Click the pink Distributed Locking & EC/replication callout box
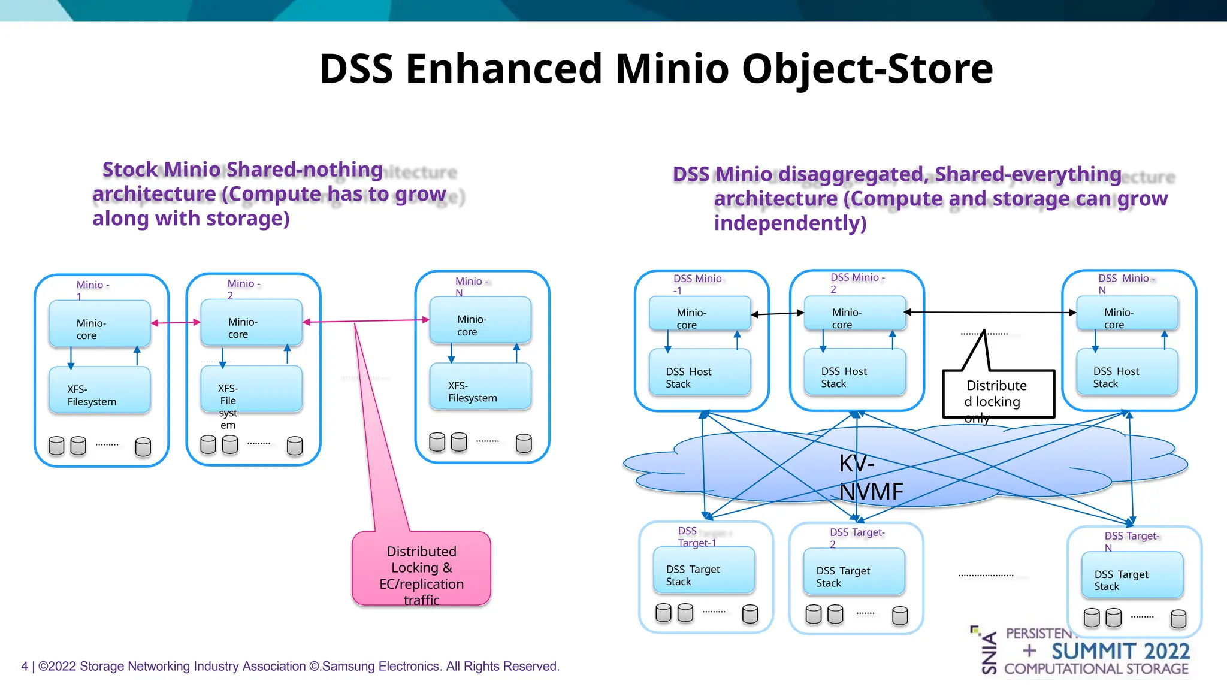point(421,568)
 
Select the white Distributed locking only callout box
point(998,394)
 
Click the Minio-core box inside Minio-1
point(99,323)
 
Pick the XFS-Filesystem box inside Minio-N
point(480,386)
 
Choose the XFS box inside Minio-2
point(251,389)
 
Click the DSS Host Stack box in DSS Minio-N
point(1127,373)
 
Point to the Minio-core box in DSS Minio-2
point(854,313)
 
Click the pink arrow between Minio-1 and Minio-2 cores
point(176,323)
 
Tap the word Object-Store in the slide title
point(867,68)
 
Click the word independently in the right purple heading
point(790,223)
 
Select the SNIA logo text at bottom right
point(989,652)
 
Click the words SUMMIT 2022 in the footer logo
point(1120,651)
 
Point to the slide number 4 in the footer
point(25,666)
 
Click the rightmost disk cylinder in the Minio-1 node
point(143,447)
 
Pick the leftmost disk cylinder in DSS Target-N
point(1092,618)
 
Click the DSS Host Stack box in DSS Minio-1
point(699,373)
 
